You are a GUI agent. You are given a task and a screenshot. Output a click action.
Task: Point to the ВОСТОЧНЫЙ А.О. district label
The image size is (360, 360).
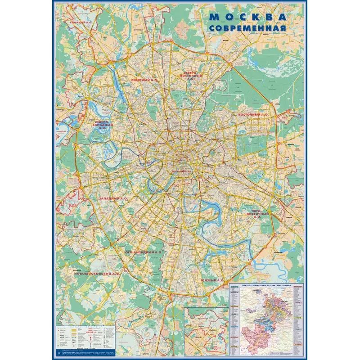pyautogui.click(x=252, y=115)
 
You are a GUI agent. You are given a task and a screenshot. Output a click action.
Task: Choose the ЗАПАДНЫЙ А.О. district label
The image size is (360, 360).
pyautogui.click(x=113, y=198)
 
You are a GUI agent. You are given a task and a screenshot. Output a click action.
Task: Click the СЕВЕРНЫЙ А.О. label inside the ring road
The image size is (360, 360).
pyautogui.click(x=144, y=80)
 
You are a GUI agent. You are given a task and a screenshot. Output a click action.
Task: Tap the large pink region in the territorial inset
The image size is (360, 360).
pyautogui.click(x=256, y=333)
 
